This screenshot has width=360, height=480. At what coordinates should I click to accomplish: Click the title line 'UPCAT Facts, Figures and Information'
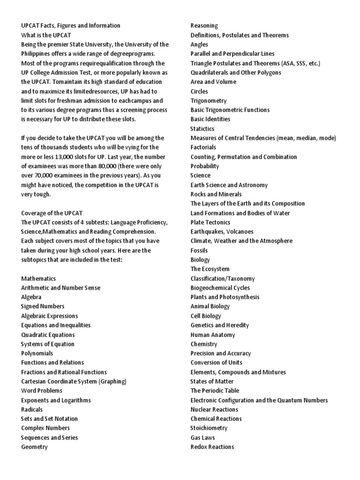click(x=70, y=26)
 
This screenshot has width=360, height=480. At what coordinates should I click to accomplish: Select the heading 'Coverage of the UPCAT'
click(x=52, y=213)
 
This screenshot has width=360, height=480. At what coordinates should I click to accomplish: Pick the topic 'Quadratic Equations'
click(x=48, y=335)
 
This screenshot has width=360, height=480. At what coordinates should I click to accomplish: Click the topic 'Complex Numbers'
click(x=45, y=428)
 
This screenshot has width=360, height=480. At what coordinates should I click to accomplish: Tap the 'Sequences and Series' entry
click(x=49, y=437)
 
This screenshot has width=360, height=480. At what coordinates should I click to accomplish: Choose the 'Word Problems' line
click(x=42, y=390)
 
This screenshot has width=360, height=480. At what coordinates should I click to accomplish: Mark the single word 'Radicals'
click(x=32, y=409)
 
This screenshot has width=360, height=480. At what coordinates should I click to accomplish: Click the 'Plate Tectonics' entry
click(x=210, y=222)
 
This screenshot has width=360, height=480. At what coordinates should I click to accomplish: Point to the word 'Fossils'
click(x=199, y=250)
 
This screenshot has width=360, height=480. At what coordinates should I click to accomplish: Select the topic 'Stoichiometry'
click(x=209, y=428)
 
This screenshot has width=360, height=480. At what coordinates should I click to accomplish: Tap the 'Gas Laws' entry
click(x=203, y=437)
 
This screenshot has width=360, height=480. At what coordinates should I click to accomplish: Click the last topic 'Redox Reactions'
click(x=212, y=447)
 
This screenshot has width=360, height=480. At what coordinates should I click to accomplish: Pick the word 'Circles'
click(x=199, y=91)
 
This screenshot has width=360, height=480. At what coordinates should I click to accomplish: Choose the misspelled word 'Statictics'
click(x=202, y=129)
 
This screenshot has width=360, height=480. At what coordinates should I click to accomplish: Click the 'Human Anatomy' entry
click(x=213, y=335)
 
